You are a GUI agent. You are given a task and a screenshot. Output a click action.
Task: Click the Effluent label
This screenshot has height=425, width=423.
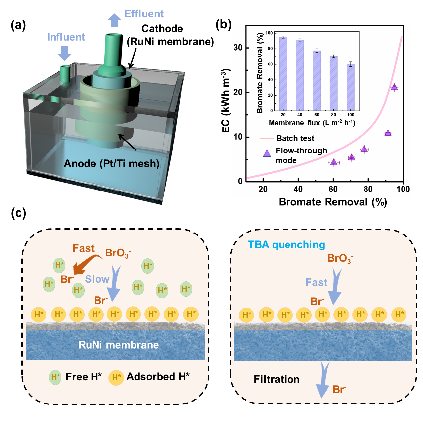[x=144, y=14]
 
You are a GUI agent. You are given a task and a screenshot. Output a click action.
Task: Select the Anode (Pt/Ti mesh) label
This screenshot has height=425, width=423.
[x=111, y=163]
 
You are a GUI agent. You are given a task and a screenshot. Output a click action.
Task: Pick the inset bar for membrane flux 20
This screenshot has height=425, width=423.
[x=283, y=74]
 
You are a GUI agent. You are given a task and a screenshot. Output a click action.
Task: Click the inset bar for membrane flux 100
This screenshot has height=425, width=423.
[x=351, y=87]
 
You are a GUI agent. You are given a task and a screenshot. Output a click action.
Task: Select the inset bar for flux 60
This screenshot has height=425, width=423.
[x=317, y=81]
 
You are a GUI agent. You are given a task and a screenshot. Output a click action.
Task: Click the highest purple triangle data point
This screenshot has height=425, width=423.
[x=394, y=87]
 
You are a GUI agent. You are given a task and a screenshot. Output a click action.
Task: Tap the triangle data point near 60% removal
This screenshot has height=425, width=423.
[x=334, y=162]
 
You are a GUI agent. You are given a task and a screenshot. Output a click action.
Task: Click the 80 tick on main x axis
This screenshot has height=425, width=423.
[x=368, y=189]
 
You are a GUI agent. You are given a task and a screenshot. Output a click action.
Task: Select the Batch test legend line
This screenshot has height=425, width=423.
[x=267, y=138]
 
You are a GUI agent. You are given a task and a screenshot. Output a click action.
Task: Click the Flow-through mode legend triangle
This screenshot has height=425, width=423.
[x=267, y=153]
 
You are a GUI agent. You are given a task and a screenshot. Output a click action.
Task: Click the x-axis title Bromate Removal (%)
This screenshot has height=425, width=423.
[x=332, y=202]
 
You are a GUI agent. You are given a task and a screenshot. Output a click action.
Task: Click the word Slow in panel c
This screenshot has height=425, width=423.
[x=97, y=279]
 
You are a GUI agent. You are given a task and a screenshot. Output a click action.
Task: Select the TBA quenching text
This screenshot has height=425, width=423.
[x=286, y=245]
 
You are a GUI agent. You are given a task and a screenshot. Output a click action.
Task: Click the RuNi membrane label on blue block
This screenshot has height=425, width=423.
[x=118, y=345]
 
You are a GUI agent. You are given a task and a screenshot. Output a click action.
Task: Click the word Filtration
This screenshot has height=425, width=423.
[x=277, y=379]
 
